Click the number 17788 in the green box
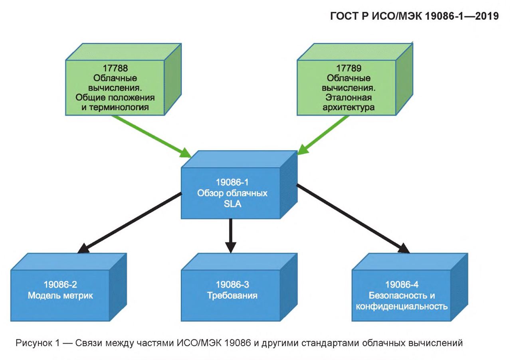point(115,68)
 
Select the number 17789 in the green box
point(349,68)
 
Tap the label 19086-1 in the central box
point(232,182)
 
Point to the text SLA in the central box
point(232,204)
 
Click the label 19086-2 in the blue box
point(60,285)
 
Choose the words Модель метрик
point(60,295)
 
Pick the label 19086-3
point(232,285)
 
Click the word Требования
point(232,295)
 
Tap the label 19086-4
point(402,285)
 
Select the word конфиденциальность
point(402,307)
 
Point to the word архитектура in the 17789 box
point(349,107)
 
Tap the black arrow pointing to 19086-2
point(130,223)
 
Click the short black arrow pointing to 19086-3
point(231,236)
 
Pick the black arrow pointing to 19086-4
point(353,219)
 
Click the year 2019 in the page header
point(487,16)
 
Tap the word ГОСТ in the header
point(344,16)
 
